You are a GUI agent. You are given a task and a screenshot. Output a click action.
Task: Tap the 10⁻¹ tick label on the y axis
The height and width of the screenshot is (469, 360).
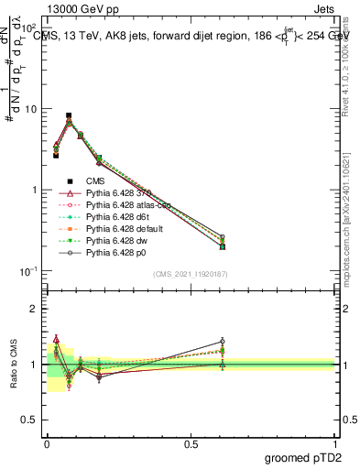pos(28,271)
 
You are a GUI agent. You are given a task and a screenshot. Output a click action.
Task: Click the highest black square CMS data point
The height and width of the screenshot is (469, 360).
pos(69,116)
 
